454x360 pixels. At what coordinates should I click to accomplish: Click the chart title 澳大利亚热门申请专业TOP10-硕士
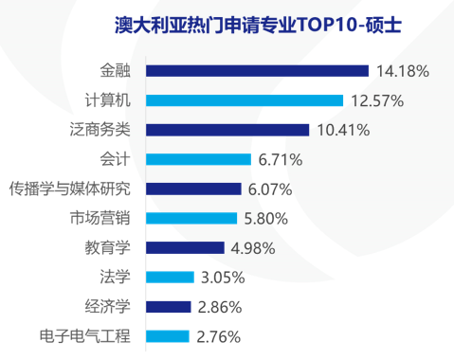point(238,22)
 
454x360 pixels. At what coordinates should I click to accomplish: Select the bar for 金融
point(258,70)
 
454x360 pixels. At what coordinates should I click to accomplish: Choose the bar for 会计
point(199,159)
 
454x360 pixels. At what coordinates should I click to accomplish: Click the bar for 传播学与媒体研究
point(194,189)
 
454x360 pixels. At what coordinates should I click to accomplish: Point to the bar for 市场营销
point(192,218)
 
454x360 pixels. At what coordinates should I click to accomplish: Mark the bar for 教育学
point(186,247)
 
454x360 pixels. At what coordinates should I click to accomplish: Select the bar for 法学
point(171,277)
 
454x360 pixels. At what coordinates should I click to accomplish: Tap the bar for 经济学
point(170,306)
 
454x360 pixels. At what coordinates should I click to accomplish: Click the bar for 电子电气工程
point(169,335)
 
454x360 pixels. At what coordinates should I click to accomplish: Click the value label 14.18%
point(403,71)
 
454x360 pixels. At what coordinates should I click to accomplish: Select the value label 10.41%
point(344,130)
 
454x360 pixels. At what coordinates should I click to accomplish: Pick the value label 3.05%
point(224,278)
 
